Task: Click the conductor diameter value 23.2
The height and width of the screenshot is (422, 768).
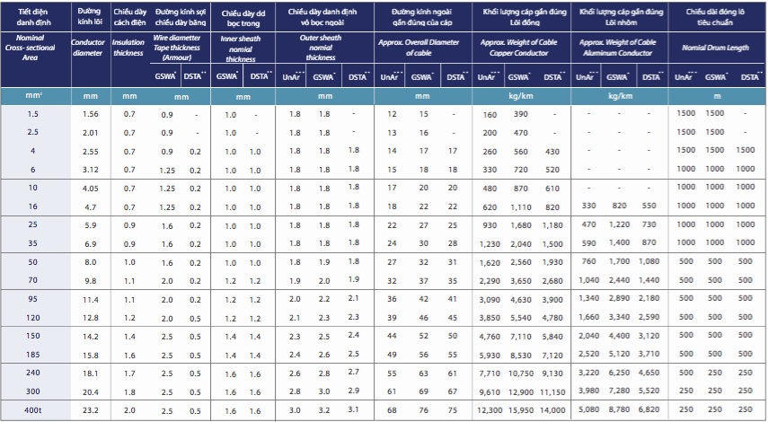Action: (90, 409)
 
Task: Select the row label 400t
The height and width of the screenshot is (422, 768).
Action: (33, 409)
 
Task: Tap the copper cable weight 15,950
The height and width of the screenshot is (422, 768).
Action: (522, 409)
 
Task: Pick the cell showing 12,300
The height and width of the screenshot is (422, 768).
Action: (490, 409)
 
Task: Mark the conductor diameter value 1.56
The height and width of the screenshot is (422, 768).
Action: (90, 114)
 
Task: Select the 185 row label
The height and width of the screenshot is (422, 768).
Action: (33, 355)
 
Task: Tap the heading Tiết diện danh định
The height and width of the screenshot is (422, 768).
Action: (33, 17)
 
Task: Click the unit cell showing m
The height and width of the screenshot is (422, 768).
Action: (717, 95)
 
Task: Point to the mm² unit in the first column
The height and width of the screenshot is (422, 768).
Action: (33, 95)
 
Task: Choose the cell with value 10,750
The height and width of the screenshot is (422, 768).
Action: (522, 373)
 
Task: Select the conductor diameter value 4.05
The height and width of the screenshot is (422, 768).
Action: (90, 189)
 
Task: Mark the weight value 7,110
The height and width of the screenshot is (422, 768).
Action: (522, 336)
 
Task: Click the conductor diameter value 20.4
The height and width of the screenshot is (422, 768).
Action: (90, 391)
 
